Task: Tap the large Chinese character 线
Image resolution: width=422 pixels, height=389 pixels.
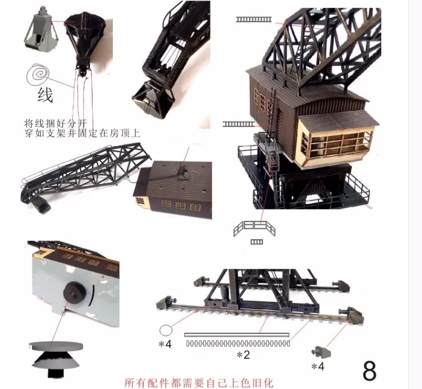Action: coord(45,95)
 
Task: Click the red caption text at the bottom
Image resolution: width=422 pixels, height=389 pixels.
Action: coord(198,383)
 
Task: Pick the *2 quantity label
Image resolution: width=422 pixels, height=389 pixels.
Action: coord(243,354)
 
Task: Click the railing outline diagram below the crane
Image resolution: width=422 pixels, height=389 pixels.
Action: coord(255,230)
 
